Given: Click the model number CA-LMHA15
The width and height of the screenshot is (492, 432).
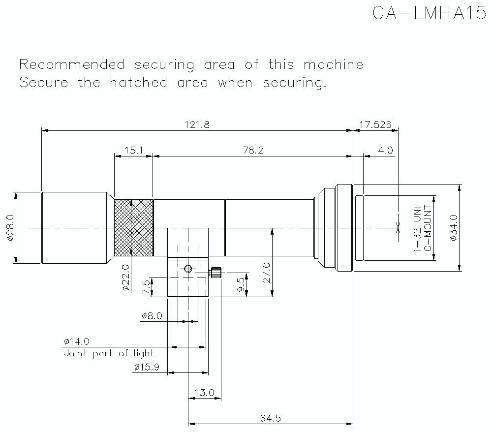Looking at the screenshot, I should point(430,13).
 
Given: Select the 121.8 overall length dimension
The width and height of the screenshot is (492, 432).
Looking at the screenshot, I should point(197,124).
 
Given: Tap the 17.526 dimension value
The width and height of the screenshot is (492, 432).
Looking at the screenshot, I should point(375,124).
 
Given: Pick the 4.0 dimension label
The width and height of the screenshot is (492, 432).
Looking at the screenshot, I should point(385,150).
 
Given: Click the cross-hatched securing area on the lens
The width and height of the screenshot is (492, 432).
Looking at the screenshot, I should point(133,227).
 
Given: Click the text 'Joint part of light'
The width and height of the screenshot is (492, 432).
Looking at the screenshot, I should point(109,353).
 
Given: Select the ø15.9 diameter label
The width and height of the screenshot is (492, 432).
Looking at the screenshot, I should point(146,367).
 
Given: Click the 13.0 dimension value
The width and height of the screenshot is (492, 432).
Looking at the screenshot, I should point(205,393).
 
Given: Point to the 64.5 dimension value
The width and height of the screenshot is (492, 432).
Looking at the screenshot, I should point(270,418).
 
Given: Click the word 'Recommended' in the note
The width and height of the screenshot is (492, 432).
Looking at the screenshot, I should point(71,64).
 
